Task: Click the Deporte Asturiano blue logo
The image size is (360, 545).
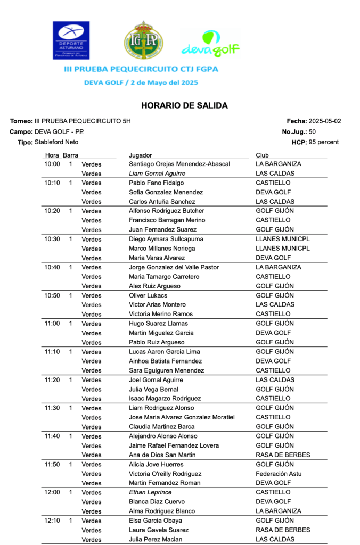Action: (71, 40)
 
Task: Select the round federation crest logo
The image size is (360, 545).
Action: (143, 40)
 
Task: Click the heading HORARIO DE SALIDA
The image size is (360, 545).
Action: (184, 105)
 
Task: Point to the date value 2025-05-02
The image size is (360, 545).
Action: (325, 121)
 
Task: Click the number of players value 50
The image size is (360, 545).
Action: (312, 132)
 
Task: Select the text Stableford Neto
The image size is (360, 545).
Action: (56, 142)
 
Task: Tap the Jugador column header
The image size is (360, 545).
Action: (141, 155)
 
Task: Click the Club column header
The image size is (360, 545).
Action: (262, 155)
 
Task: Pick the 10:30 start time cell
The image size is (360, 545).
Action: (52, 239)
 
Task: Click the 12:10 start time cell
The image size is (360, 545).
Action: (52, 521)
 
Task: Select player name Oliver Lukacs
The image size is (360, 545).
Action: (148, 295)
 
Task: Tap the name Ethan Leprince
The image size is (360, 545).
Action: (150, 492)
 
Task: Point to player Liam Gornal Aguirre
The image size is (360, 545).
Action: (157, 174)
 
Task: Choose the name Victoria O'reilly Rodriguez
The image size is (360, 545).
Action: (165, 474)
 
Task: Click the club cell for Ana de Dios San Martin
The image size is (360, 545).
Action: (283, 455)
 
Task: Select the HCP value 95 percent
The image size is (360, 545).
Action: (324, 142)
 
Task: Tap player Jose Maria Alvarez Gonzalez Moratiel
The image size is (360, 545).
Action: (182, 417)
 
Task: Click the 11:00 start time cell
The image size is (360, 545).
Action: (52, 324)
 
